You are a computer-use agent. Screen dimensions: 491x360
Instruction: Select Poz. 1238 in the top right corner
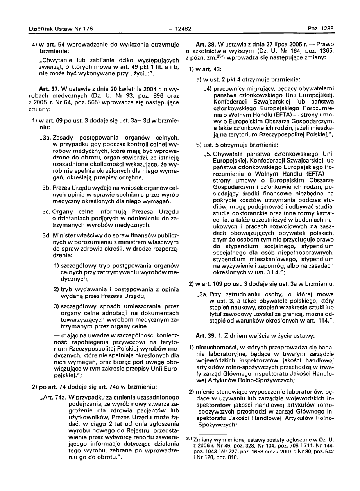320,29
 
